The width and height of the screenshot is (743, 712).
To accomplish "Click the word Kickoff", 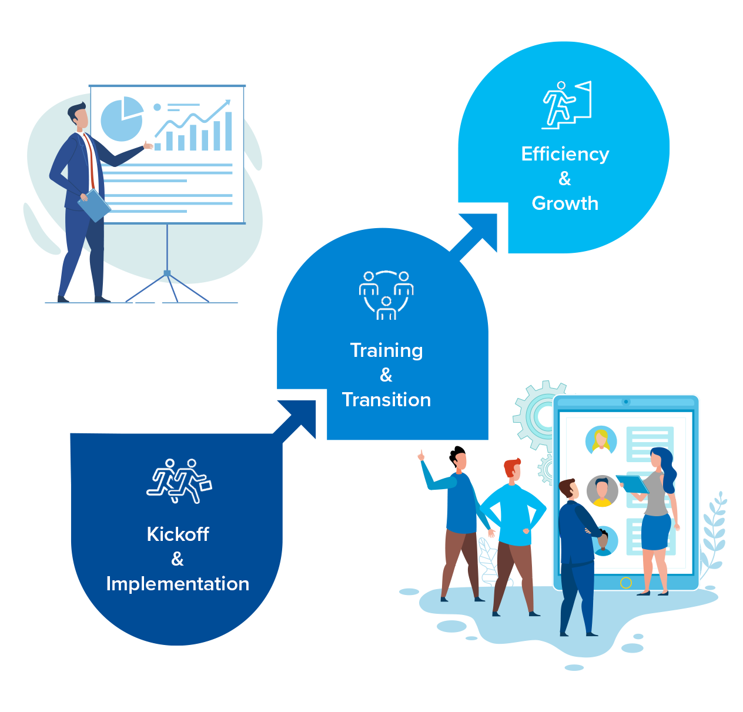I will coord(178,534).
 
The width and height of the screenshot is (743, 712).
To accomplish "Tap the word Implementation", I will coord(178,584).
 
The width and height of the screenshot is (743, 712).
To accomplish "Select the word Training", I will coord(386,350).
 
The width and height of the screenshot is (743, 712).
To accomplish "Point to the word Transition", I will coord(386,400).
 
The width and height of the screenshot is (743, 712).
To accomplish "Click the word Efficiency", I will coord(565,154).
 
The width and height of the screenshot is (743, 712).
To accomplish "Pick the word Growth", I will coord(565,203).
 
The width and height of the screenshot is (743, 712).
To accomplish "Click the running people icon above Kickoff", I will coord(179,481).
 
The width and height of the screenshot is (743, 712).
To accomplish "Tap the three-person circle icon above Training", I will coord(386,295).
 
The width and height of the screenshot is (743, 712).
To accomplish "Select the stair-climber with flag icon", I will coord(566,105).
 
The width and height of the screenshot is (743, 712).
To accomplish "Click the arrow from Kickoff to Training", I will coord(299,419).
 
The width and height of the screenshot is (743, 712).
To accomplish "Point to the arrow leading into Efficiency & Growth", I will coord(478,232).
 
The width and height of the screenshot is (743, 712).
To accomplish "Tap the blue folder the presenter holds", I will coord(94,205).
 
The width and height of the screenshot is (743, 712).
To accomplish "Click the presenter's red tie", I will coord(91,159).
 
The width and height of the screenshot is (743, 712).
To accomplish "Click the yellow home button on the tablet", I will coord(626,583).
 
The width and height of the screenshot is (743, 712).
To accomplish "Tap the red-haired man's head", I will coord(513,470).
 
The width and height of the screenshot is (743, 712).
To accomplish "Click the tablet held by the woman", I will coord(632,484).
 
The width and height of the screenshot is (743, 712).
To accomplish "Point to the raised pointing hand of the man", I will coord(421,455).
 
